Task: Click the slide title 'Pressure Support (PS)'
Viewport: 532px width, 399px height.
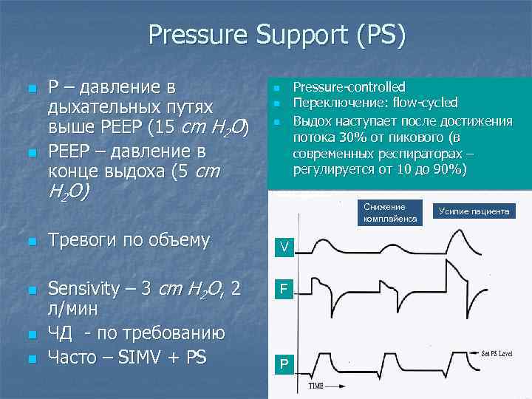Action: point(276,35)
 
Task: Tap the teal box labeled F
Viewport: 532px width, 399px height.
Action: point(284,291)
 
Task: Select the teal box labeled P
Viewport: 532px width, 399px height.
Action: point(284,364)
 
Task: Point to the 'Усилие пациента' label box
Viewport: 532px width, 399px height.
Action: point(474,211)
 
